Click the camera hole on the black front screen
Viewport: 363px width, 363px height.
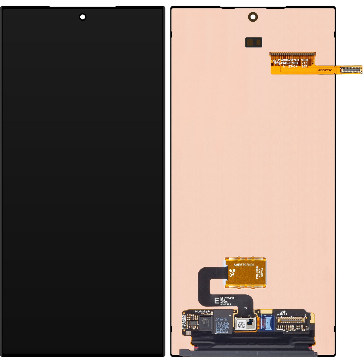pos(83,17)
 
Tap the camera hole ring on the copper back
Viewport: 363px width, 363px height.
pos(253,17)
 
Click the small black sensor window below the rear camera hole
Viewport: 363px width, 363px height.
pos(254,42)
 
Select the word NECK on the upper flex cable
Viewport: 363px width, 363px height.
pos(304,60)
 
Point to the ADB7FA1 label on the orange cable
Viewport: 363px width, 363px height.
pos(325,70)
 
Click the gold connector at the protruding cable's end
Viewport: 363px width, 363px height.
pos(351,70)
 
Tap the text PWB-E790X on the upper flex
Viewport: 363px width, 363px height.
pos(290,63)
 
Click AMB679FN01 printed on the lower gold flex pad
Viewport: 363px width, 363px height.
pos(244,265)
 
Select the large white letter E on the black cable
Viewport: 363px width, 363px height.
pos(217,301)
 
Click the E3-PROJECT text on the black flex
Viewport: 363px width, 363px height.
pos(227,298)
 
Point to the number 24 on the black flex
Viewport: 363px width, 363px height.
pos(245,308)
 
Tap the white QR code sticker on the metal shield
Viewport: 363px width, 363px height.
pos(241,325)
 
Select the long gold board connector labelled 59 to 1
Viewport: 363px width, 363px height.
pos(291,320)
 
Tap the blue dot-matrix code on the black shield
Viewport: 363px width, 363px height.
pos(222,325)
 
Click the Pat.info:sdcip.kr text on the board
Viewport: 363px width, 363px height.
pos(202,312)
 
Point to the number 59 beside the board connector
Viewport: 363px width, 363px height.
pos(278,315)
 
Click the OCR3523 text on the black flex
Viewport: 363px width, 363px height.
pos(226,304)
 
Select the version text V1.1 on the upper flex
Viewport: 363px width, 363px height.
pos(304,63)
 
